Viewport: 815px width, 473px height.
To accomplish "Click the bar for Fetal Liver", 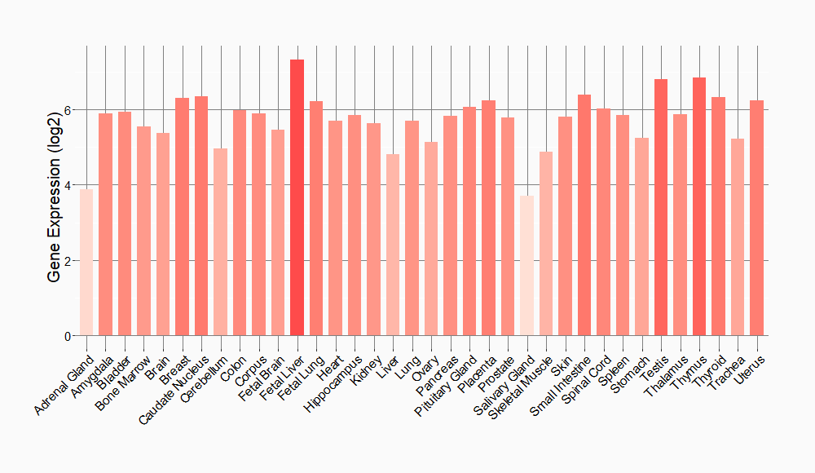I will coord(297,197).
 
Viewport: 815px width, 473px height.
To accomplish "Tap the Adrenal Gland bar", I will coord(86,262).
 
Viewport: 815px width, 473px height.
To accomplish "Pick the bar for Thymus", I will coord(699,206).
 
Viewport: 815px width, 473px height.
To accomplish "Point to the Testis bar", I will coord(661,207).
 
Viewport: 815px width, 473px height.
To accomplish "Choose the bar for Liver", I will coord(393,245).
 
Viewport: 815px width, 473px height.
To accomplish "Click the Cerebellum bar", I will coord(220,241).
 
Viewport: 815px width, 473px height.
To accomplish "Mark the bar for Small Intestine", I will coord(584,214).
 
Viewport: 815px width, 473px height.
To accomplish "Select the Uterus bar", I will coord(756,218).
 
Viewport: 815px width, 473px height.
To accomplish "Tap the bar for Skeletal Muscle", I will coord(546,243).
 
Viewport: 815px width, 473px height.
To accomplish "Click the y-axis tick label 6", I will coord(68,110).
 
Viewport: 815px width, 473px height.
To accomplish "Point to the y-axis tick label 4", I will coord(68,185).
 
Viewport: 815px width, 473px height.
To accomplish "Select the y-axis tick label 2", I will coord(68,261).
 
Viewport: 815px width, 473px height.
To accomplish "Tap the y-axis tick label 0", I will coord(68,336).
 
